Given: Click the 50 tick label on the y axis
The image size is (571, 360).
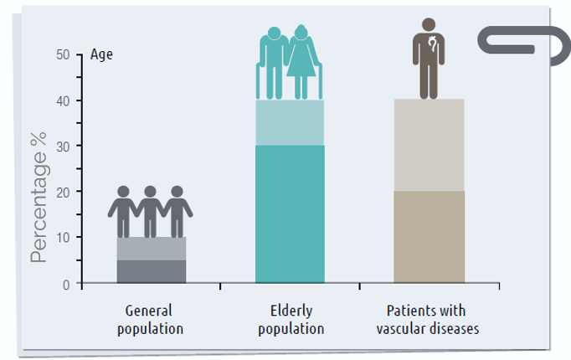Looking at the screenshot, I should pos(64,55).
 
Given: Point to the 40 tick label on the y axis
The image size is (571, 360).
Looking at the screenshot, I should pos(64,100).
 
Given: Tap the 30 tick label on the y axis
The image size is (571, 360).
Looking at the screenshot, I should pos(64,147).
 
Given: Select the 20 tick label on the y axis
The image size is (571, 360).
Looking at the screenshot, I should pos(64,192).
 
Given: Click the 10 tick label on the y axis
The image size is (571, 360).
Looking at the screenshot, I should pos(64,238).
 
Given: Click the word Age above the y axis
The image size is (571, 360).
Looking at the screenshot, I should pos(100,55).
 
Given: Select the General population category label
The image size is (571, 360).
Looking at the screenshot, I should pos(150,318).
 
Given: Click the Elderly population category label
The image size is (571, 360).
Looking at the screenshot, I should pos(291,318).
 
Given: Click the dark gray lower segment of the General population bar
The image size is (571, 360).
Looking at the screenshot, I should pos(151,272).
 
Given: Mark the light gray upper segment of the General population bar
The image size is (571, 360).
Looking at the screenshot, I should pos(151,249).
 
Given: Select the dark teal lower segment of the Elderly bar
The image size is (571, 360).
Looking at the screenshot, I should pos(290,214).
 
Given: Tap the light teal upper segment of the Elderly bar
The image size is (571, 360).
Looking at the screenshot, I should pos(290,123).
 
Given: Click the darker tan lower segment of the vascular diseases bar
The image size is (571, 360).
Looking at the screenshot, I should pos(429,237).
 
